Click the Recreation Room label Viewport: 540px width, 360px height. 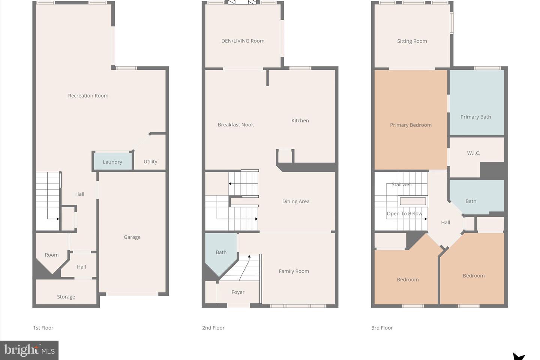[88, 96]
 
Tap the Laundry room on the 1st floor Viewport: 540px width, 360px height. [113, 161]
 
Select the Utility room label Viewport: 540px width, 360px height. [150, 162]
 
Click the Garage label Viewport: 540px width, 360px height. [132, 237]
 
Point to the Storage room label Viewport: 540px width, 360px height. [66, 297]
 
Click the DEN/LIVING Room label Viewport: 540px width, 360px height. [243, 41]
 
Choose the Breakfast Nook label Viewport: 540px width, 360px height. [236, 124]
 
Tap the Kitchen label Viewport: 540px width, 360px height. [300, 121]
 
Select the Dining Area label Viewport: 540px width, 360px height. [296, 201]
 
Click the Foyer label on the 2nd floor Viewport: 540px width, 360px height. [238, 292]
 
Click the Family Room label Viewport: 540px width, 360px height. [294, 271]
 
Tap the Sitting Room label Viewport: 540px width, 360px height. [412, 41]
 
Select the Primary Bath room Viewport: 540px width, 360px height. [477, 102]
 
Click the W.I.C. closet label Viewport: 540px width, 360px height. [474, 153]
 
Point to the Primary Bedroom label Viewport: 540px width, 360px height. [411, 125]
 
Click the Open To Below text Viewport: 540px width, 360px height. [405, 214]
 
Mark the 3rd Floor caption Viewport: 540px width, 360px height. [382, 328]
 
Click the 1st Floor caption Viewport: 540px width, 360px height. [43, 328]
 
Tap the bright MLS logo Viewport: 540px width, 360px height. [29, 350]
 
